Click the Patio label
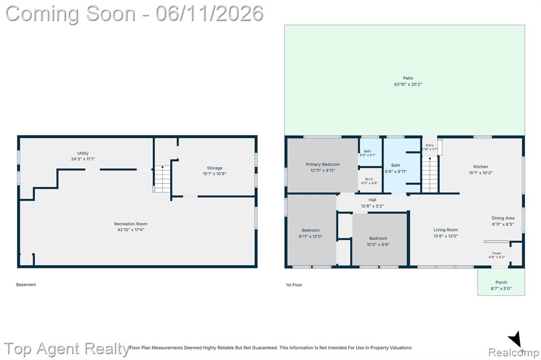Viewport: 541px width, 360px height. pyautogui.click(x=408, y=78)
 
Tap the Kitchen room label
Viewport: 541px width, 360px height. pyautogui.click(x=481, y=167)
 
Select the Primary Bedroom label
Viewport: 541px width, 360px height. pyautogui.click(x=323, y=165)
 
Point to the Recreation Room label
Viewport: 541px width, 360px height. pyautogui.click(x=131, y=224)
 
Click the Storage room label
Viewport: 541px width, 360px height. pyautogui.click(x=214, y=168)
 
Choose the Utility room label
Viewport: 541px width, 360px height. pyautogui.click(x=83, y=153)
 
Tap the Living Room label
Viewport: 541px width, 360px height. pyautogui.click(x=446, y=230)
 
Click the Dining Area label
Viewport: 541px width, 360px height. pyautogui.click(x=503, y=218)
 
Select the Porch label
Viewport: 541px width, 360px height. pyautogui.click(x=501, y=282)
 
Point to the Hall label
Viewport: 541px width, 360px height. pyautogui.click(x=372, y=200)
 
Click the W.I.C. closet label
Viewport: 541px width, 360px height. pyautogui.click(x=369, y=179)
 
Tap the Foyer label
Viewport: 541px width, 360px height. pyautogui.click(x=497, y=253)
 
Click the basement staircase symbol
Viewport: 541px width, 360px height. pyautogui.click(x=162, y=178)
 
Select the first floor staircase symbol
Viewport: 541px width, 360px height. pyautogui.click(x=430, y=175)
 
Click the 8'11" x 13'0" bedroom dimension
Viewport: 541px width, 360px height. pyautogui.click(x=311, y=236)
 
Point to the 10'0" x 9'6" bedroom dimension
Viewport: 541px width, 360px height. pyautogui.click(x=378, y=244)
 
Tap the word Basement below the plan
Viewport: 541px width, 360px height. pyautogui.click(x=26, y=285)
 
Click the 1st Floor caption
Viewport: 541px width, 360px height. pyautogui.click(x=294, y=285)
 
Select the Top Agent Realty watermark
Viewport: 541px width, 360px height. pyautogui.click(x=67, y=348)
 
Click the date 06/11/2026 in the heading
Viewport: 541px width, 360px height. pyautogui.click(x=209, y=13)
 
